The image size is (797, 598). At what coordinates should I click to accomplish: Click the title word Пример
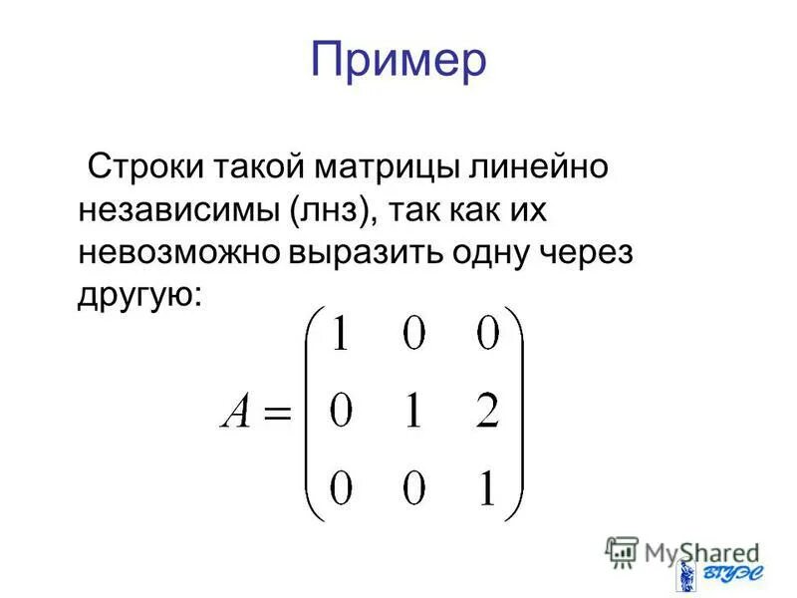(x=398, y=61)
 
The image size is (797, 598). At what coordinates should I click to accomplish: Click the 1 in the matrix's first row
(x=341, y=337)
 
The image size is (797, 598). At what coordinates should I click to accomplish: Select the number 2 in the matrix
(x=486, y=413)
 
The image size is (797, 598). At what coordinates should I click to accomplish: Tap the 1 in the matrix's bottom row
(x=487, y=490)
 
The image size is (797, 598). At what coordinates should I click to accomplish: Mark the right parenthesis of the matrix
(x=517, y=413)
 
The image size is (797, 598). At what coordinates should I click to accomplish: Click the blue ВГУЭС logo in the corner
(x=712, y=576)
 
